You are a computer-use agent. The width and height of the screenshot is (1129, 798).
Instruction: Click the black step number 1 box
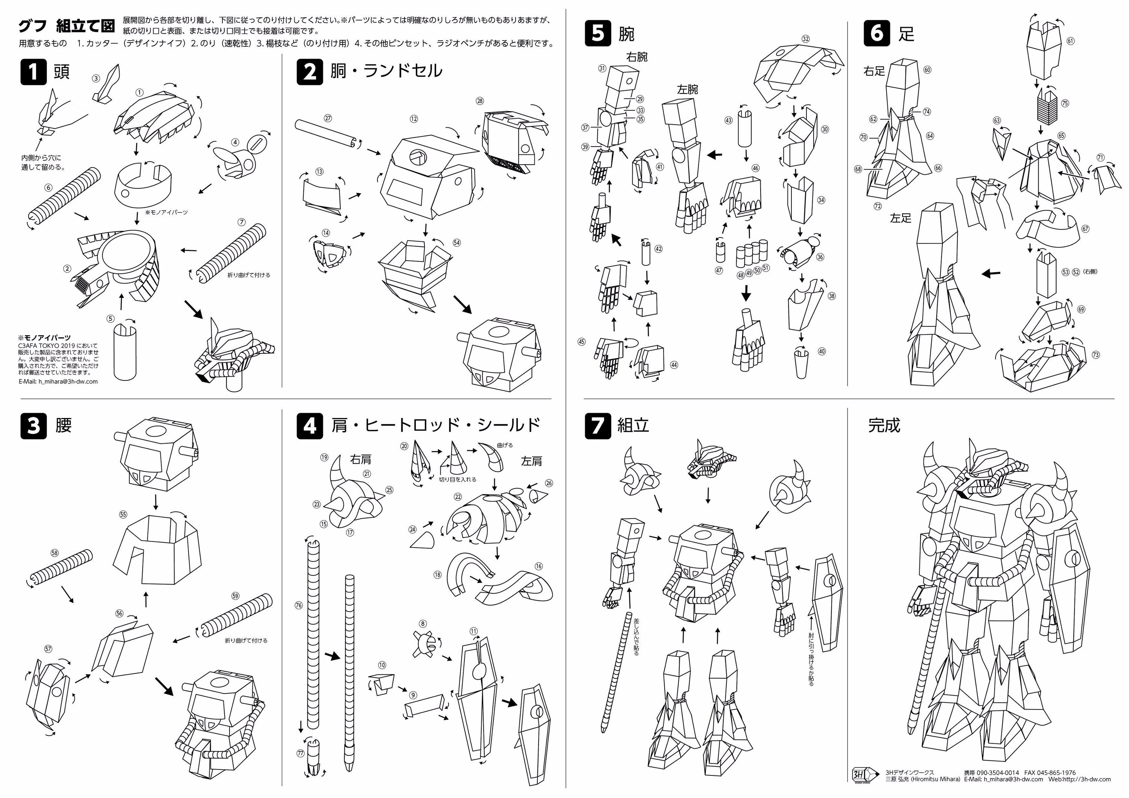33,72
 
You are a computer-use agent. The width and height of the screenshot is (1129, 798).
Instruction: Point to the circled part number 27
328,118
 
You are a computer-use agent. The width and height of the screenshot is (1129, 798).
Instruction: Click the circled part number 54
457,243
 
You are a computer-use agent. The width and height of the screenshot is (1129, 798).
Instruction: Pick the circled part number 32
805,39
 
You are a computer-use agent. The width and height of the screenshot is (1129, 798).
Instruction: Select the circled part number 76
298,605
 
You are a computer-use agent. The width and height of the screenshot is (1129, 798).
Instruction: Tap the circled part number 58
55,553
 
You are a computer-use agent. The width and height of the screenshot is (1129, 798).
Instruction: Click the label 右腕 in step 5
637,57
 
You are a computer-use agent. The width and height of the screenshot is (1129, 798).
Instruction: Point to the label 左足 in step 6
900,218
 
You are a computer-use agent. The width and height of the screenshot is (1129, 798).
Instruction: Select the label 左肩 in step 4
531,461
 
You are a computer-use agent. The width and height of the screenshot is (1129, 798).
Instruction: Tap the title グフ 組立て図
66,26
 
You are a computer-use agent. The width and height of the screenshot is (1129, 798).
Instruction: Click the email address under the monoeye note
58,381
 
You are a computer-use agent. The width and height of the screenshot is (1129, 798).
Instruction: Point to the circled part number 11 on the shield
473,631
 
